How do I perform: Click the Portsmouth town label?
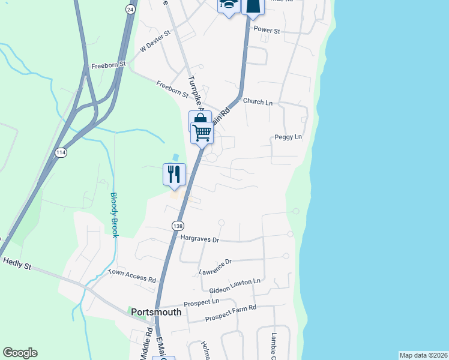pos(156,312)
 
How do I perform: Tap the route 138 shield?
pos(177,226)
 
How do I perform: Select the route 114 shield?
pos(61,154)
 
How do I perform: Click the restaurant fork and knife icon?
pos(174,174)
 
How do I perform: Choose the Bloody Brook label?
pos(114,215)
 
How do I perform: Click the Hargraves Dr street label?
pos(200,239)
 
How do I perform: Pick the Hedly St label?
pos(17,263)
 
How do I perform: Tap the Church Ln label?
pos(258,103)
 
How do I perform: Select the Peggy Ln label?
pos(288,137)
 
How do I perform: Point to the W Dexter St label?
pos(155,42)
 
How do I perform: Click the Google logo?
pos(20,353)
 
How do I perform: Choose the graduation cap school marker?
pos(228,6)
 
